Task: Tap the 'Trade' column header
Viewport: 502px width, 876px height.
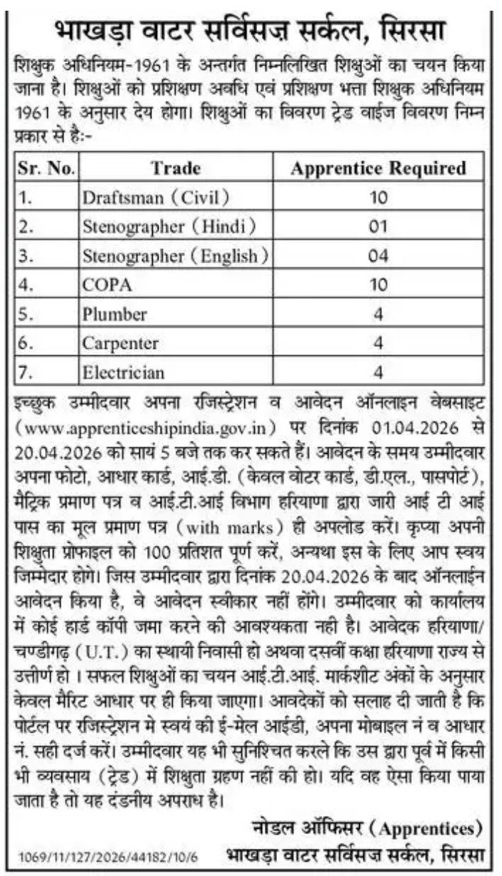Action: [x=176, y=168]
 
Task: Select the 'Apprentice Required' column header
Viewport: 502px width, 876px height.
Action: [x=378, y=168]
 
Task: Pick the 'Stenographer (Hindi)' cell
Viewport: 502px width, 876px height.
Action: [x=169, y=227]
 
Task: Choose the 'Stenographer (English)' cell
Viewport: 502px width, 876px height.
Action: [x=176, y=255]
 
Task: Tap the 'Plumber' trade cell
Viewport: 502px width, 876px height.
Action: [x=114, y=314]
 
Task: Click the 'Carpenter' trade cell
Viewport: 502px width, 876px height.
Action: [x=120, y=343]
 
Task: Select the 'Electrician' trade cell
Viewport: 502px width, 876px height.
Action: [x=124, y=372]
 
